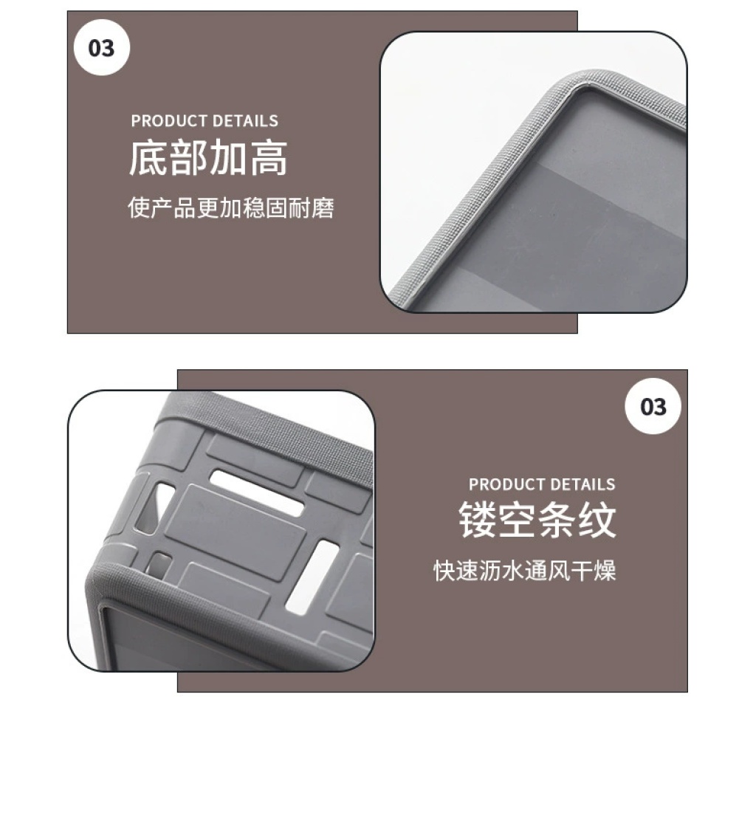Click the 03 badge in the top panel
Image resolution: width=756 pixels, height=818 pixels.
[101, 47]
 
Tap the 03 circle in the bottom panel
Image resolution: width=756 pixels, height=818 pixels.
[653, 406]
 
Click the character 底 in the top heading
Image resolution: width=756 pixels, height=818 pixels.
[148, 157]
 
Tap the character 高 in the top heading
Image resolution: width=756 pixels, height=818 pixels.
[268, 157]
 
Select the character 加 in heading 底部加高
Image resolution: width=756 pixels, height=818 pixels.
[228, 157]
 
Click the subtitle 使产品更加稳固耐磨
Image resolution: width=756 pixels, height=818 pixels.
[230, 207]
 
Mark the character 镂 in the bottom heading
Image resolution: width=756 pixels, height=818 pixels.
[478, 520]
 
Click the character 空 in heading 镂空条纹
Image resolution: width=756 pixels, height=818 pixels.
[518, 520]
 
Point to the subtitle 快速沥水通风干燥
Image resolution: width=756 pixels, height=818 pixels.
[525, 570]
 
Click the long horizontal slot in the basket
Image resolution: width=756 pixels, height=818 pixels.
[256, 493]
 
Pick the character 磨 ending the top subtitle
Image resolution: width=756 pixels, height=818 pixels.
[323, 207]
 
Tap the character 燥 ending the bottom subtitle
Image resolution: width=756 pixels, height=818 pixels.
[605, 570]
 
